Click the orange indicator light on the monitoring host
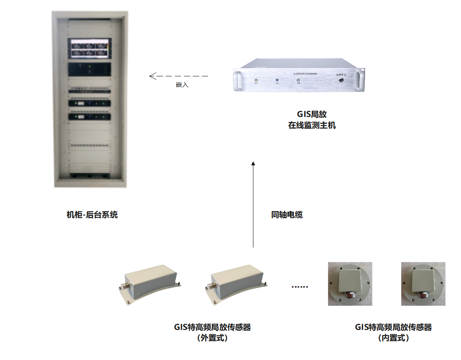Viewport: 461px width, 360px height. pos(256,80)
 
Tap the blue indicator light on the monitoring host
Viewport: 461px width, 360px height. pos(277,80)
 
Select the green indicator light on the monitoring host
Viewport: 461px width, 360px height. pos(298,80)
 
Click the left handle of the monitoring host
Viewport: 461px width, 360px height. pos(237,80)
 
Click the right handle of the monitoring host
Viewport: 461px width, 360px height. pos(360,80)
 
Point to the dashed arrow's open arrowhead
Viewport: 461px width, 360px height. pos(152,76)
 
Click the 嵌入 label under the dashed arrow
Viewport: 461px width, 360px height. pos(182,85)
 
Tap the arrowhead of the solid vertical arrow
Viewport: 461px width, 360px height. pos(253,163)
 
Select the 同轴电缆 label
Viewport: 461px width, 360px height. pos(287,215)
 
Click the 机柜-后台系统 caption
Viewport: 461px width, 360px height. pos(92,215)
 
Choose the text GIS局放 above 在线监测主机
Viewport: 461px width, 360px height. pos(312,114)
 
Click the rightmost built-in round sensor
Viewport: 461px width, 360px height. pos(423,284)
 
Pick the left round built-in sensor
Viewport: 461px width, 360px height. pos(350,284)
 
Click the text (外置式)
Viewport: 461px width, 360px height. pos(212,338)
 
